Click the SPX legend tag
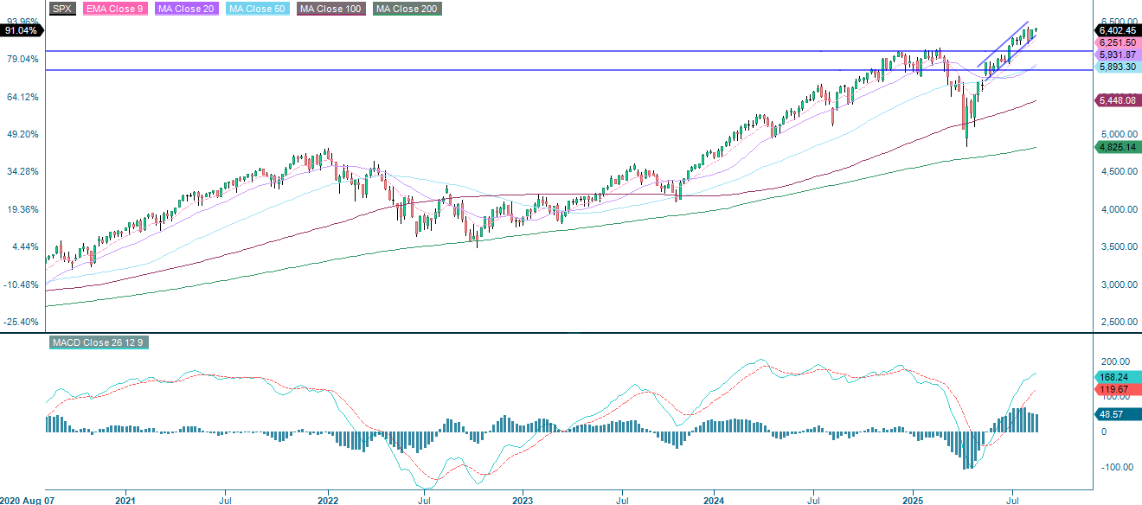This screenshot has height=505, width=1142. coord(61,9)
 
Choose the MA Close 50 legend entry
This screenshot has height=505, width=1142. coord(256,9)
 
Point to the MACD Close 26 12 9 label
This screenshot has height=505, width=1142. coord(96,342)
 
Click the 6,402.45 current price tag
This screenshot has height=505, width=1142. coord(1116,30)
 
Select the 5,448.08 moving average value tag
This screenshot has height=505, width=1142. coord(1116,101)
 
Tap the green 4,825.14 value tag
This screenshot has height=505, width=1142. coord(1116,147)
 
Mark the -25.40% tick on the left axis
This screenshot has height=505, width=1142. coord(22,322)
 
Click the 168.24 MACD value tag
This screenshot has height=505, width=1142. coord(1116,376)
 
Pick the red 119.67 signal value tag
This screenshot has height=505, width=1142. coord(1116,390)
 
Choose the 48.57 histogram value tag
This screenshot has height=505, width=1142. coord(1116,414)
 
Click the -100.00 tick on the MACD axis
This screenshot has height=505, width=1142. coord(1115,467)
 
